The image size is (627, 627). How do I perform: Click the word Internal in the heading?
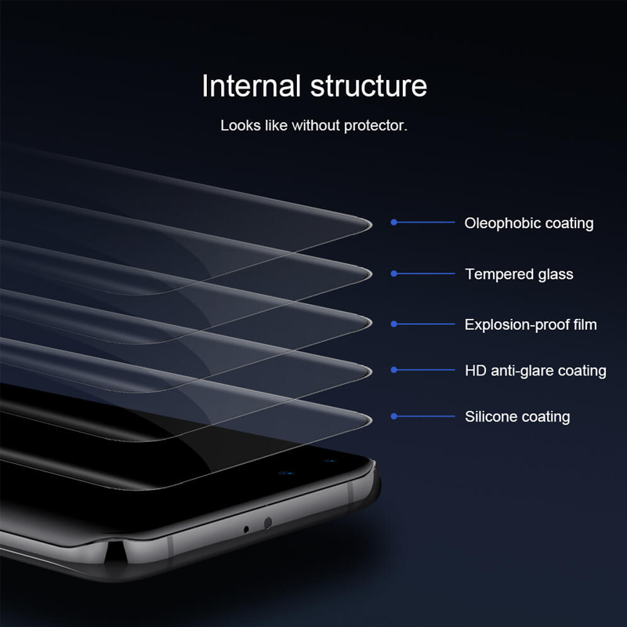click(x=251, y=85)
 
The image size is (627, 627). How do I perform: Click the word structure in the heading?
click(x=368, y=86)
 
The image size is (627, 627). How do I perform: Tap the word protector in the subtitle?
click(x=374, y=126)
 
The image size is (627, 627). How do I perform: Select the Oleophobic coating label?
click(x=528, y=223)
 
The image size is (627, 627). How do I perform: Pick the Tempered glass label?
click(x=519, y=274)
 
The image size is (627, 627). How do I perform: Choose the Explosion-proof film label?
click(x=531, y=324)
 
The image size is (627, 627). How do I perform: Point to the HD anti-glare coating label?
click(x=535, y=371)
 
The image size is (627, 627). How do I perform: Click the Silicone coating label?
click(x=517, y=417)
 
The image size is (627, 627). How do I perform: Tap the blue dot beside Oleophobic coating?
click(x=394, y=222)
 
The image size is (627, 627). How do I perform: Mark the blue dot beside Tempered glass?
click(x=394, y=274)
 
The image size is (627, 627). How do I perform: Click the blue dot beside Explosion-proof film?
click(x=394, y=324)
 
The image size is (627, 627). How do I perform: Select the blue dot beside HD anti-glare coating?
click(x=394, y=370)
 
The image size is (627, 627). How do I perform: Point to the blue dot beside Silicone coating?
click(x=394, y=416)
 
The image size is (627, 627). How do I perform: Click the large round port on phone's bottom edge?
click(x=268, y=522)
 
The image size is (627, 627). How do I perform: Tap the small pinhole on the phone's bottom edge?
click(x=246, y=530)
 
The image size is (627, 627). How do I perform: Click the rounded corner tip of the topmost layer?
click(x=370, y=224)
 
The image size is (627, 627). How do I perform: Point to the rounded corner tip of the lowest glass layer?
click(x=370, y=420)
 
